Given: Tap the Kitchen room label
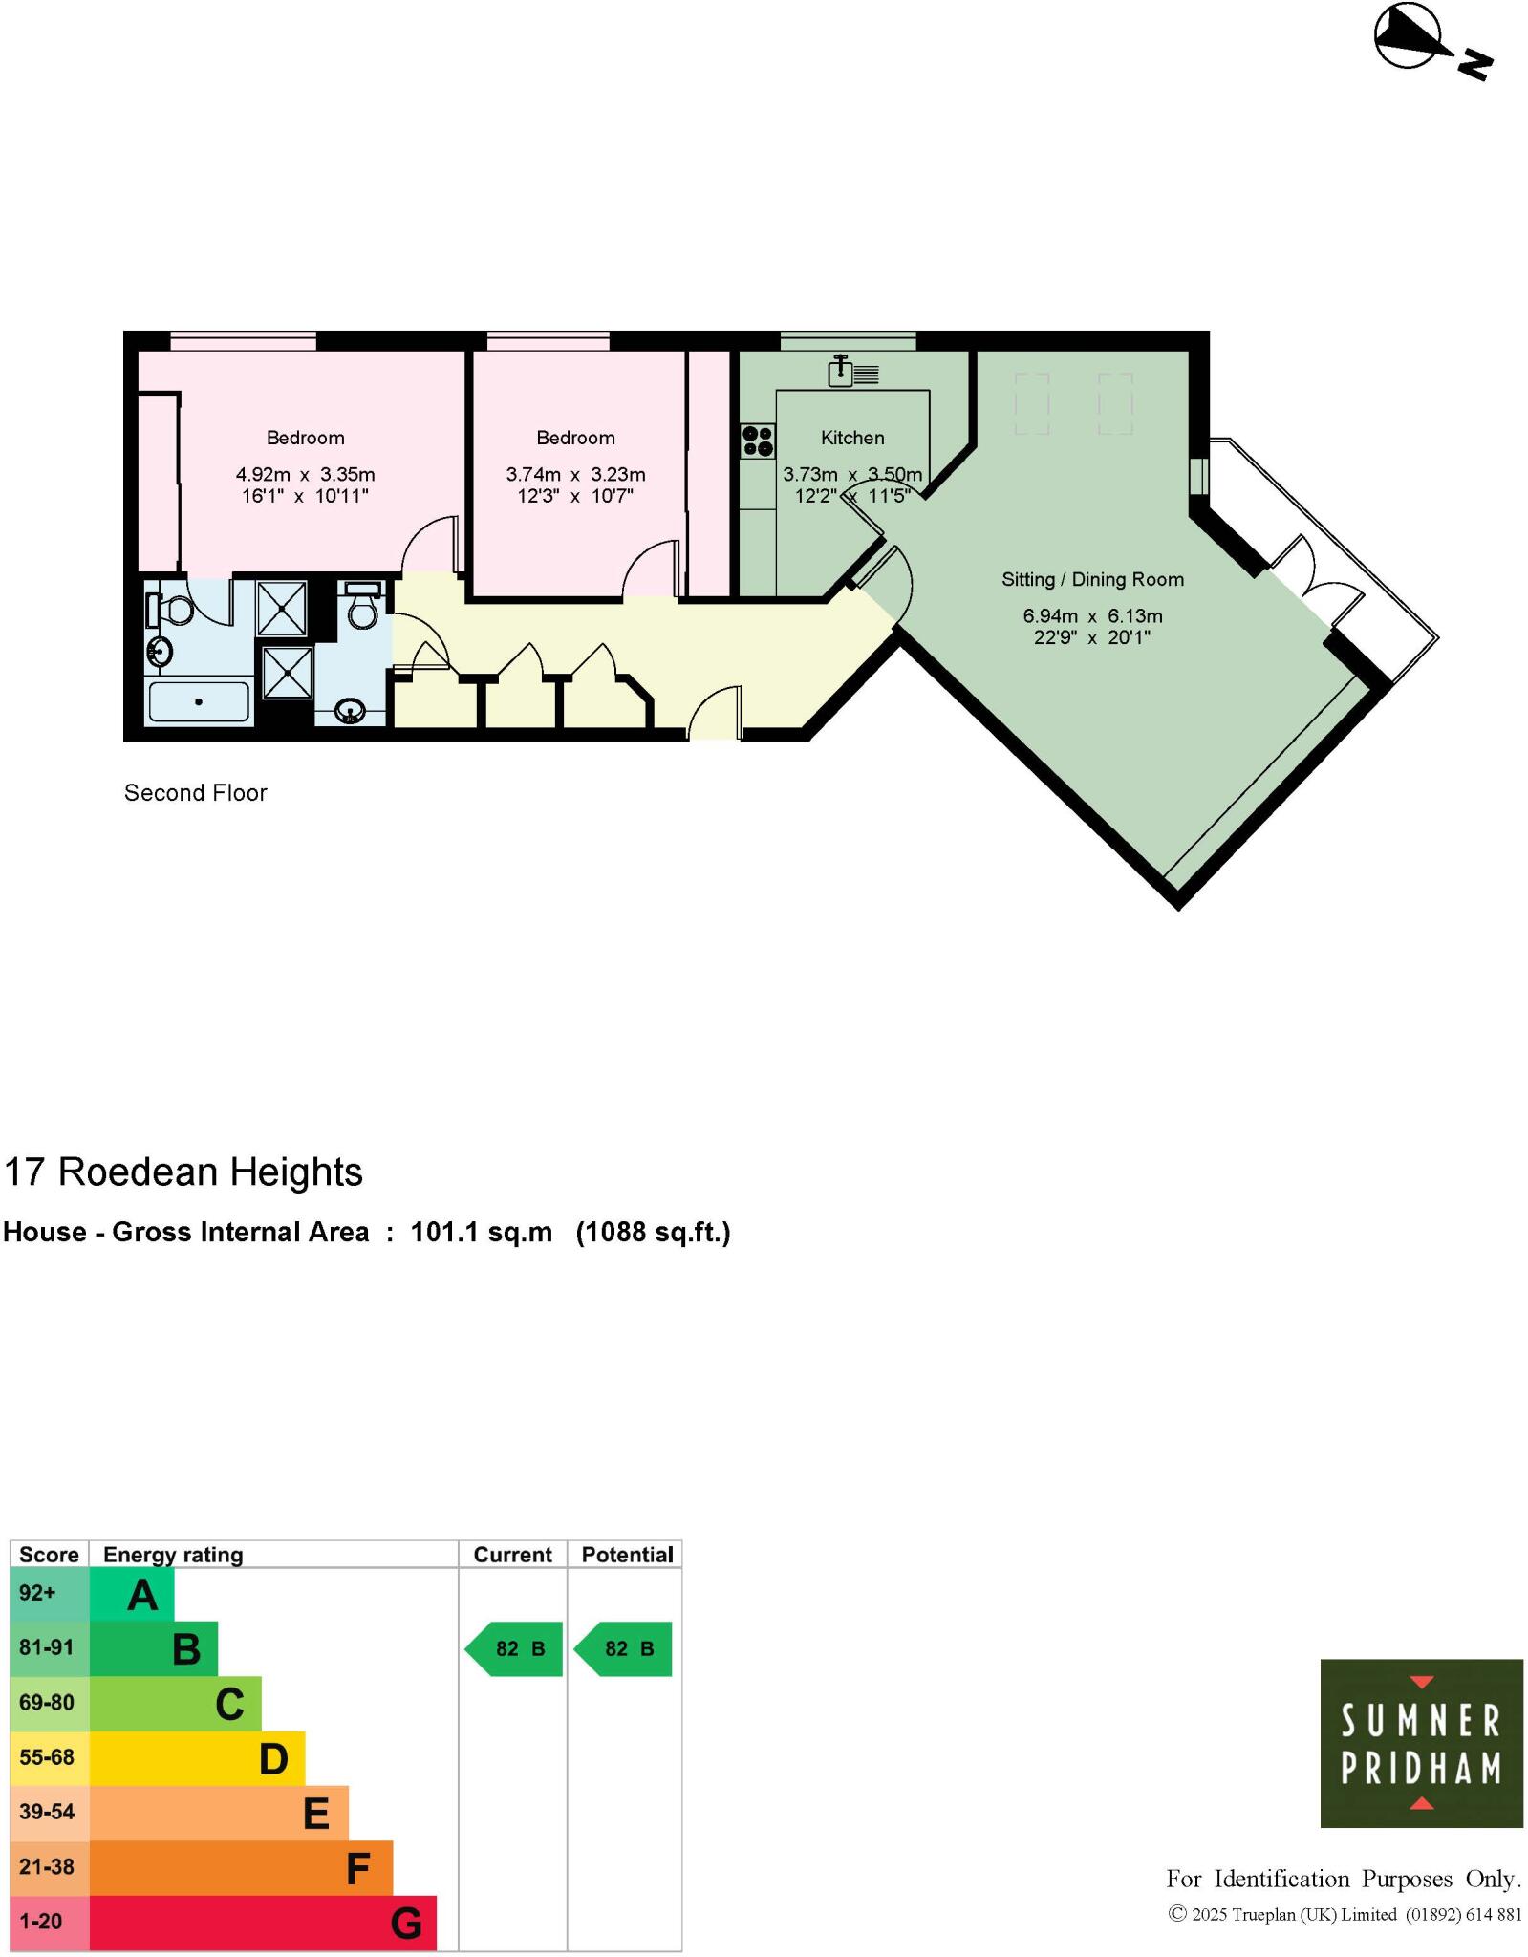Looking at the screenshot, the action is coord(852,438).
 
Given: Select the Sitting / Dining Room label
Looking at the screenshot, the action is coord(1092,579).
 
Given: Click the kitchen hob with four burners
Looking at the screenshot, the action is coord(757,441).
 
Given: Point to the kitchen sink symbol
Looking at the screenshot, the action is coord(841,372).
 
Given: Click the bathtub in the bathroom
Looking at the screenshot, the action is coord(199,702).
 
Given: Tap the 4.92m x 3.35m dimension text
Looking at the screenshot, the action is coord(305,474).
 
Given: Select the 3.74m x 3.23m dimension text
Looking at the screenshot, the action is coord(575,474).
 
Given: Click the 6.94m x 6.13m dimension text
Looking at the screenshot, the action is coord(1092,616).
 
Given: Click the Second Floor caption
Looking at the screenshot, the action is coord(196,792).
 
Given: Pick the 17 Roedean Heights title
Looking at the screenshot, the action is coord(183,1172).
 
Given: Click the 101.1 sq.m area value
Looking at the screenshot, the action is coord(481,1233).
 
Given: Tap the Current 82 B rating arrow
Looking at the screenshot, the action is coord(514,1648).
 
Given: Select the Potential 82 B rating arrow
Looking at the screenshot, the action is coord(623,1648).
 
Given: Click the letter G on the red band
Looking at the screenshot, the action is coord(406,1923).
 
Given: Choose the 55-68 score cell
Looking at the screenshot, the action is coord(46,1757).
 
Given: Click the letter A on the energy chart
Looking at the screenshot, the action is coord(142,1595).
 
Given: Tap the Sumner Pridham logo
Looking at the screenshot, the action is coord(1421,1743).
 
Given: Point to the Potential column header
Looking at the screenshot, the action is coord(627,1555).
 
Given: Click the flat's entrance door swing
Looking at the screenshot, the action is coord(715,712).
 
